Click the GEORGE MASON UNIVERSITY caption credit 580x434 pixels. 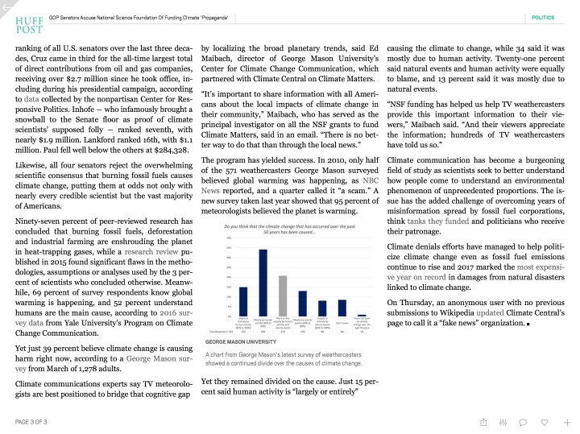coord(238,342)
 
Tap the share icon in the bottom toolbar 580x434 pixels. coord(483,421)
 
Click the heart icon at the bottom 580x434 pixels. coord(545,421)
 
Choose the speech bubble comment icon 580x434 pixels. coord(523,421)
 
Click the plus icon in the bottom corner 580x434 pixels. coord(567,421)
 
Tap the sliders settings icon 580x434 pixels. coord(503,421)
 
